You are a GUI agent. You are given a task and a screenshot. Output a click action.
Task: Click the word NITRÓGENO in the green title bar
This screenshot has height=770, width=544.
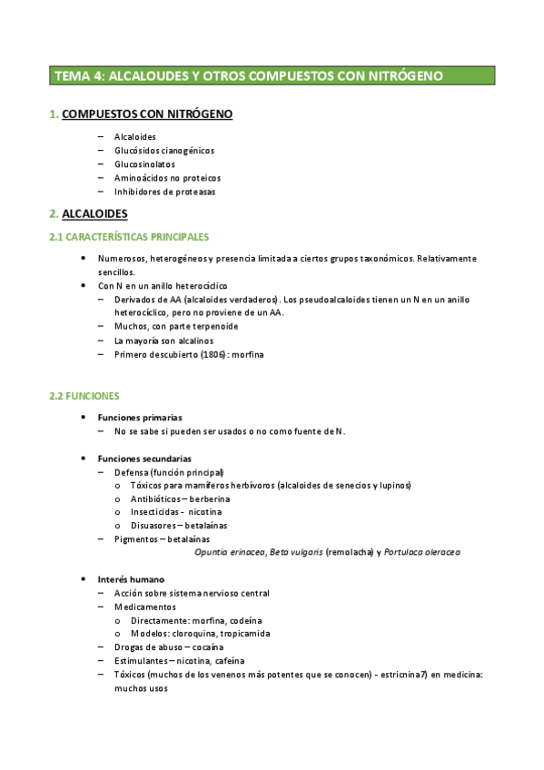[402, 76]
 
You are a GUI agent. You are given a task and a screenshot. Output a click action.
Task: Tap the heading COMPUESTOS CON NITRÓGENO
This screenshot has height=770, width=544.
[146, 114]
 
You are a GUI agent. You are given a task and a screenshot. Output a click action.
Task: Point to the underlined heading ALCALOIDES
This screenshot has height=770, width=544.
[94, 214]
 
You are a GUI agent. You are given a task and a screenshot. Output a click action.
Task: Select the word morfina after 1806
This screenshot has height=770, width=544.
[245, 354]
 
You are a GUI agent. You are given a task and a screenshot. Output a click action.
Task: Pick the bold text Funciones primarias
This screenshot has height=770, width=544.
[140, 417]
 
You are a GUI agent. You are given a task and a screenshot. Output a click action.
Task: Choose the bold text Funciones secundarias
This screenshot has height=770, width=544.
[143, 459]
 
